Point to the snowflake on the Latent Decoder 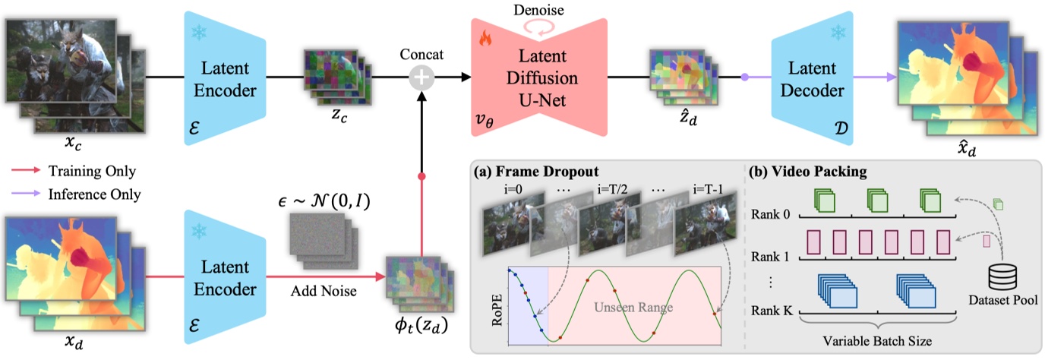pyautogui.click(x=838, y=33)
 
